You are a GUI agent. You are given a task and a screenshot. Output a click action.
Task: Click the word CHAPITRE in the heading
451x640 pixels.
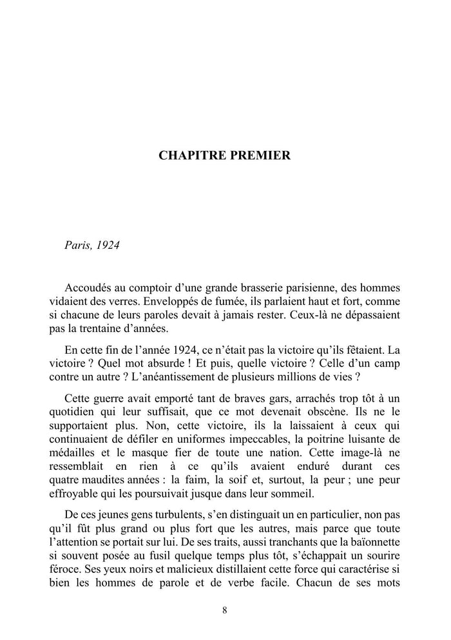[191, 155]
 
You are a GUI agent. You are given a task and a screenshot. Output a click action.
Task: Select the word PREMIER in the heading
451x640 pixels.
[259, 155]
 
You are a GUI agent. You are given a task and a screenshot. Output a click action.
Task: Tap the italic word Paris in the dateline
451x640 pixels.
[78, 247]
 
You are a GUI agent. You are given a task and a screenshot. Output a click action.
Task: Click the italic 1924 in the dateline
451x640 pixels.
[108, 247]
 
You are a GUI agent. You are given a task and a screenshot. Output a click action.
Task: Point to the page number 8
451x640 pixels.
[224, 610]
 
